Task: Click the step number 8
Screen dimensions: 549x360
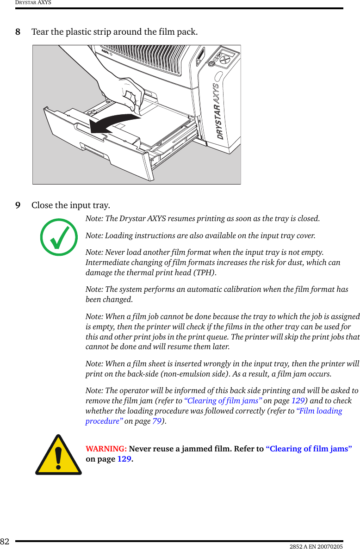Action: (18, 32)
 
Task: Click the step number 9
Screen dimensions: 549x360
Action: (18, 205)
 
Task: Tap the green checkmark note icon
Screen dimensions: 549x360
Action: (59, 237)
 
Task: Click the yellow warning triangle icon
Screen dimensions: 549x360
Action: (58, 455)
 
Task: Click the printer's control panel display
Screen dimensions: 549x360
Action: (226, 55)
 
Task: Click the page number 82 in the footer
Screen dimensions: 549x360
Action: (5, 542)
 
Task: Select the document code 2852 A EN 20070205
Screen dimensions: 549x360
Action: (317, 546)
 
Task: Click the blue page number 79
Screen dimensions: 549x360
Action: (157, 421)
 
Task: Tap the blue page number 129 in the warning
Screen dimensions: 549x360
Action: (124, 459)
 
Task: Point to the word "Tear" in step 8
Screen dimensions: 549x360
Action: (40, 32)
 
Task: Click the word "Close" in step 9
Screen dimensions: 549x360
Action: (42, 205)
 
